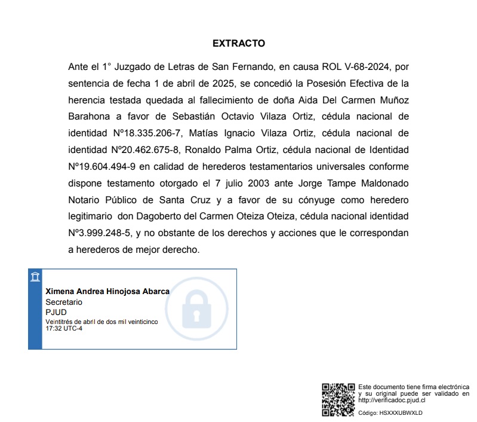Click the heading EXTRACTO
[x=238, y=44]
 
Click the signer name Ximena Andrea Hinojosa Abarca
[x=107, y=291]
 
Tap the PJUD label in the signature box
[x=56, y=312]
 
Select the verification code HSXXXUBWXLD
[x=401, y=412]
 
